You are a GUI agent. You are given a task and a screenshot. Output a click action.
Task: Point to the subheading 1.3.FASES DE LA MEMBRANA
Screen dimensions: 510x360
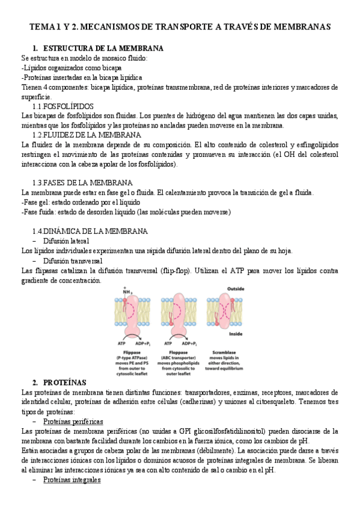[82, 182]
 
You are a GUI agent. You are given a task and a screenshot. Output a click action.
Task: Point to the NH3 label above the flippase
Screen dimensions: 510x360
[127, 292]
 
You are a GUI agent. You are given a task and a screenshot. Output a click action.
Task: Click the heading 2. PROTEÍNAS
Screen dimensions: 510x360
[60, 382]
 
